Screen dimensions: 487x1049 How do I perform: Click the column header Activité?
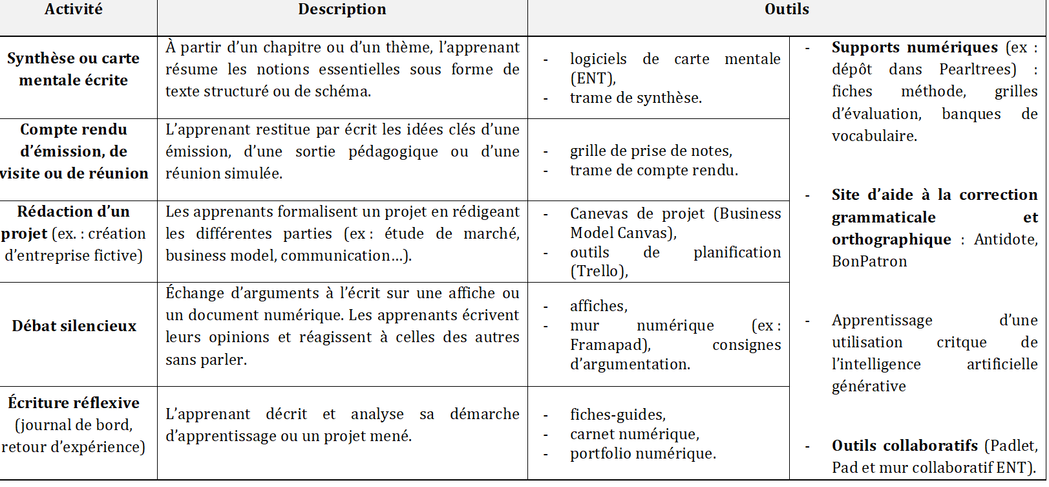(x=73, y=10)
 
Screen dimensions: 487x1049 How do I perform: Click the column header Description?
(x=342, y=10)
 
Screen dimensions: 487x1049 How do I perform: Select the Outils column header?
(x=787, y=10)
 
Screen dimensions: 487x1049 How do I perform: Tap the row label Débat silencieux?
(x=74, y=326)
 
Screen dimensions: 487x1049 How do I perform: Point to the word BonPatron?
(x=869, y=262)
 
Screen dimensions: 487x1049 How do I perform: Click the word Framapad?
(x=608, y=345)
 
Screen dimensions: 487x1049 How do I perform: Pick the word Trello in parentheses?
(x=599, y=272)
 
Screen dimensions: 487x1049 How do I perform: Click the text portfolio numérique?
(x=642, y=454)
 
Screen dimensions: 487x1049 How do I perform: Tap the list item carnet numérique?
(x=634, y=435)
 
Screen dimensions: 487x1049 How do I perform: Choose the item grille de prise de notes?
(x=651, y=151)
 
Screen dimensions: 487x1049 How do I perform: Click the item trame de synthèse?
(x=635, y=98)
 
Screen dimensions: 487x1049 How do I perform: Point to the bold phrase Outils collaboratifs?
(x=904, y=446)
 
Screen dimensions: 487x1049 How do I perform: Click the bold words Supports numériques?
(x=915, y=48)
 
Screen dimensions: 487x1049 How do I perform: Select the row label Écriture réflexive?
(x=74, y=404)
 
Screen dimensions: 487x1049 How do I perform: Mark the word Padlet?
(x=1012, y=446)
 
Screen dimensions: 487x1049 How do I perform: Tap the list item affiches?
(x=598, y=307)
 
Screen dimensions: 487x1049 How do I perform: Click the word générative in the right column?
(x=869, y=387)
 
